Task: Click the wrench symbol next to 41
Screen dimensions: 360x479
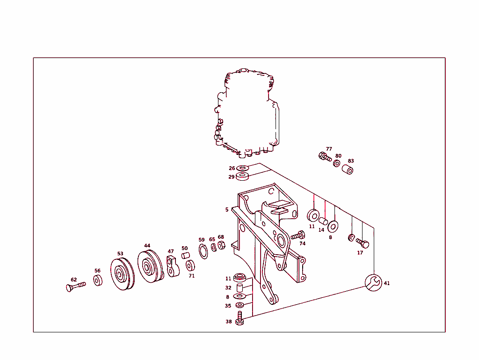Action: click(x=374, y=283)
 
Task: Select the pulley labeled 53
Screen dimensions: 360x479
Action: click(x=121, y=273)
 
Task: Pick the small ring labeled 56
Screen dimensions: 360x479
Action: click(x=97, y=280)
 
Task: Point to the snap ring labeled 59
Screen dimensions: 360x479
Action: click(x=203, y=251)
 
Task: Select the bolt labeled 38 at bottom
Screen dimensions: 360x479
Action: click(x=240, y=321)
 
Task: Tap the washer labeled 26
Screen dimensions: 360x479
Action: click(x=243, y=168)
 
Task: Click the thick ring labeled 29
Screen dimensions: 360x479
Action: click(x=243, y=176)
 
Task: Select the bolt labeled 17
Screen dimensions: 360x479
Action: click(x=363, y=243)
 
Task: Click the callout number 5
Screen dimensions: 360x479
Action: click(x=227, y=209)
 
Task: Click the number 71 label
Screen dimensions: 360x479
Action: click(x=192, y=276)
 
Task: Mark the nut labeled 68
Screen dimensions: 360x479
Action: click(x=222, y=245)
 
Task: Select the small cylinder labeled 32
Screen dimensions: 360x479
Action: click(x=239, y=287)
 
